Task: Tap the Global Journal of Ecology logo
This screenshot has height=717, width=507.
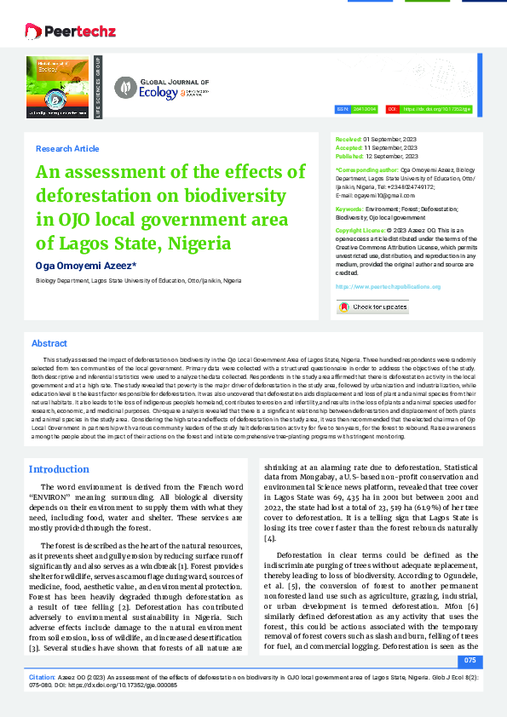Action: tap(162, 87)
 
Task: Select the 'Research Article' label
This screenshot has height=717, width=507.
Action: tap(67, 149)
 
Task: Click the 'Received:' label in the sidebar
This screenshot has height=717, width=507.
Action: tap(349, 138)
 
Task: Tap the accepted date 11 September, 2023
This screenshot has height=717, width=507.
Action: tap(391, 147)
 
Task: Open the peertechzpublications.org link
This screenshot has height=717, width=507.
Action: tap(388, 287)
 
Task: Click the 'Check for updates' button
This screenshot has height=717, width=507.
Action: tap(373, 307)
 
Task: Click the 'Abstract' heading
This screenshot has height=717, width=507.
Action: tap(49, 343)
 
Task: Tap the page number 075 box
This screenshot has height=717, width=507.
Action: tap(470, 661)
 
